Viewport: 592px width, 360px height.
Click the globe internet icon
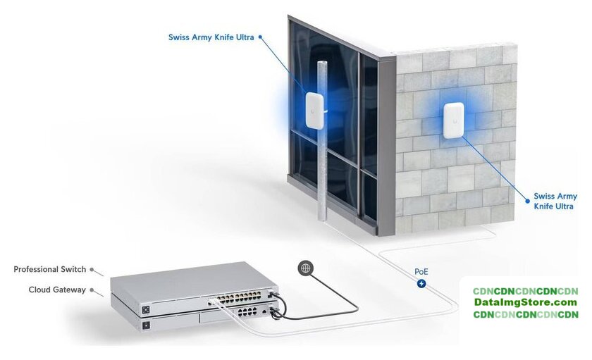[305, 268]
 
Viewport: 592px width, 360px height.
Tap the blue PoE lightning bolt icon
[421, 283]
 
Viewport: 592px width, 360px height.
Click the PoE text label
[421, 271]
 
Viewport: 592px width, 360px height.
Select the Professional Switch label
[49, 269]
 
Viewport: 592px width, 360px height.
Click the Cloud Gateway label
[57, 290]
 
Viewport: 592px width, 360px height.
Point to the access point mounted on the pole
[314, 111]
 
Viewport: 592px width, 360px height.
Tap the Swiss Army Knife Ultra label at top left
[211, 37]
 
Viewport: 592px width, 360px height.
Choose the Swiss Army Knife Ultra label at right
[555, 201]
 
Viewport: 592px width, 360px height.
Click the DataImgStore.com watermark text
[525, 303]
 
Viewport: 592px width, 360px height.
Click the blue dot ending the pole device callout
[261, 37]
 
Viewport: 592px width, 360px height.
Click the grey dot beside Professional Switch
[92, 269]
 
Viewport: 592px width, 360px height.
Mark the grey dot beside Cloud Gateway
[92, 290]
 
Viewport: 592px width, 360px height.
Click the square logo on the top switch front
[146, 309]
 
